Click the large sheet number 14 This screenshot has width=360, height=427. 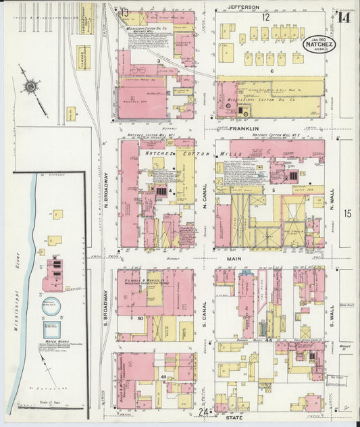click(x=345, y=17)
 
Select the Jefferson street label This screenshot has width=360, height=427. click(x=243, y=7)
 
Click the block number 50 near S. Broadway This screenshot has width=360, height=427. click(x=140, y=318)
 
